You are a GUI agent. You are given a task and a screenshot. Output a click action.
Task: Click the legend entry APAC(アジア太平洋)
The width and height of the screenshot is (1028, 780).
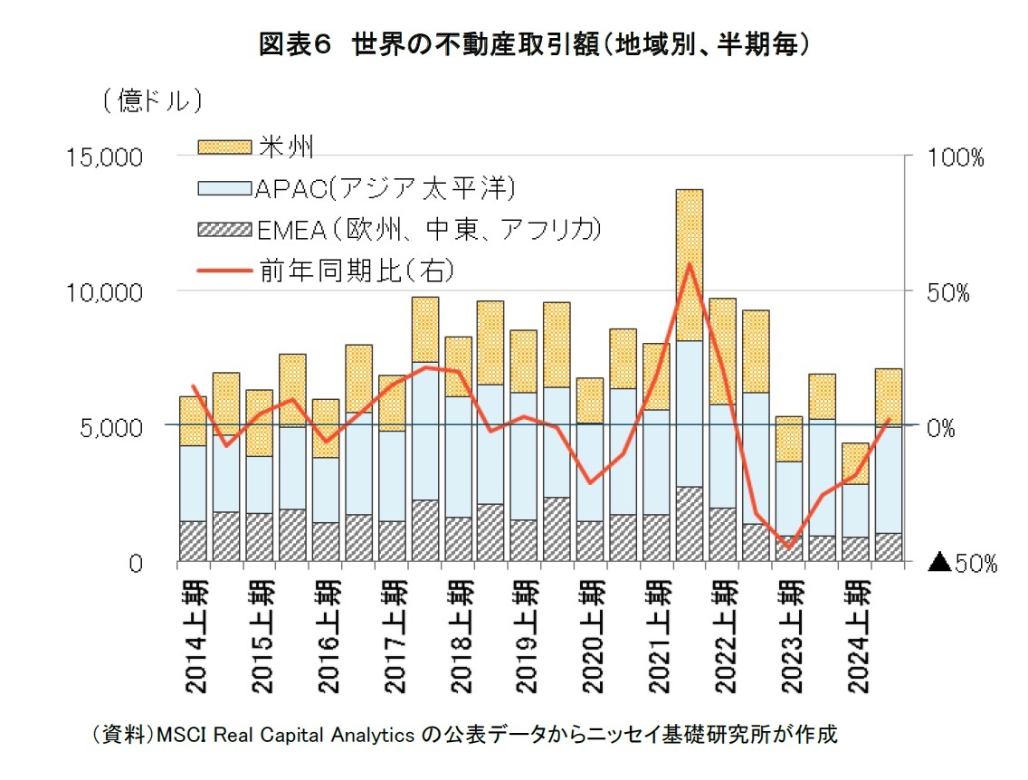click(x=385, y=188)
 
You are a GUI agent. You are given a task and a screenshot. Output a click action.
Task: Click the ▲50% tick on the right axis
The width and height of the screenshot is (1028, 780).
click(x=963, y=563)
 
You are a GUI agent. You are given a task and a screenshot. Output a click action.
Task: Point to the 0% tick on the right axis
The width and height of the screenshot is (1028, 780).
click(x=947, y=427)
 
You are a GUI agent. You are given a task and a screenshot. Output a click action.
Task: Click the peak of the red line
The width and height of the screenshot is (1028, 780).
click(x=690, y=264)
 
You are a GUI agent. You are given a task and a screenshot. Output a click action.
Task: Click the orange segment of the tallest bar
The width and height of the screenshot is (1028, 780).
click(x=690, y=264)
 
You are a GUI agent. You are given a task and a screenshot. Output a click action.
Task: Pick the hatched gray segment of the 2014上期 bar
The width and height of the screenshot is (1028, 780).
click(x=194, y=541)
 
